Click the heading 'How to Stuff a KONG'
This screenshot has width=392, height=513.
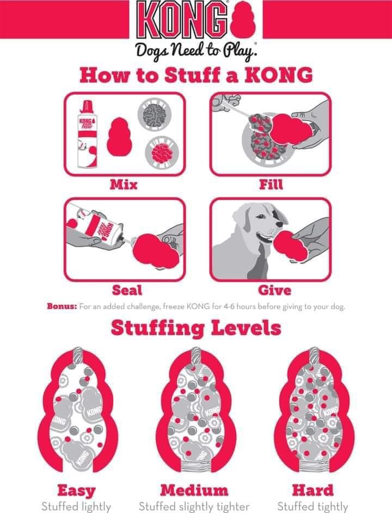(196, 75)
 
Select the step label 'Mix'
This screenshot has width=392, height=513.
(124, 185)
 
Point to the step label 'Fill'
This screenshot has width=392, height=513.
(271, 185)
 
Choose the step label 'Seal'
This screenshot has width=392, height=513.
(127, 290)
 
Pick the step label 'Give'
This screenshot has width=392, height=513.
(274, 290)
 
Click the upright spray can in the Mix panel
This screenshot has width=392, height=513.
(87, 135)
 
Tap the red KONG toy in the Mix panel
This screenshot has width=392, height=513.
(119, 137)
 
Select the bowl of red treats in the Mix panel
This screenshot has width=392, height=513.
(162, 153)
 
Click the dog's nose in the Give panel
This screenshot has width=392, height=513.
(280, 224)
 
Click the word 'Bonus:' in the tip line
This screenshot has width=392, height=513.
(62, 307)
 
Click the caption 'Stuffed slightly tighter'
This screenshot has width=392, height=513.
(194, 506)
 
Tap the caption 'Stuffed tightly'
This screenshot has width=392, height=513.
(313, 506)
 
